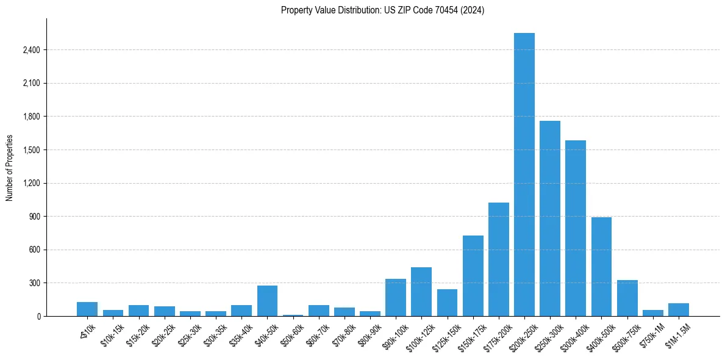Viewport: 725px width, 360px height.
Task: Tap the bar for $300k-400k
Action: click(x=576, y=228)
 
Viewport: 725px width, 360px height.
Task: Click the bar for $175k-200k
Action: click(x=498, y=259)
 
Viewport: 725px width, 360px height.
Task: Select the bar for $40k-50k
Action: click(x=267, y=301)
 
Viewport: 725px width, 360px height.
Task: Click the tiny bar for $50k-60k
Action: click(x=293, y=315)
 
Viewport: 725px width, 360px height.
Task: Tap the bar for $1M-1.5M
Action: click(x=678, y=310)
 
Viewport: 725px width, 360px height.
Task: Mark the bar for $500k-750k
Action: click(x=627, y=298)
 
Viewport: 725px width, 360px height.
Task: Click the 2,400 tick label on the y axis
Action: click(x=31, y=50)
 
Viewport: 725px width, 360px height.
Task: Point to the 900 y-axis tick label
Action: click(x=34, y=217)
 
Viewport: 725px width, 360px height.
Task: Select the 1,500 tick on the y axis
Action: click(x=31, y=150)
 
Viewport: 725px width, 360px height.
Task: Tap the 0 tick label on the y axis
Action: click(x=38, y=317)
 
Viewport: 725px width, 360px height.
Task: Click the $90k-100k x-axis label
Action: click(x=394, y=334)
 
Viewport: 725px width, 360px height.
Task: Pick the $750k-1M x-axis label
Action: click(x=651, y=334)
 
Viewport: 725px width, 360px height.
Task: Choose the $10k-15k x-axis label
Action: click(x=112, y=333)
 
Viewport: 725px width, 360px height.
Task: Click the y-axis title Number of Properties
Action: click(x=9, y=168)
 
